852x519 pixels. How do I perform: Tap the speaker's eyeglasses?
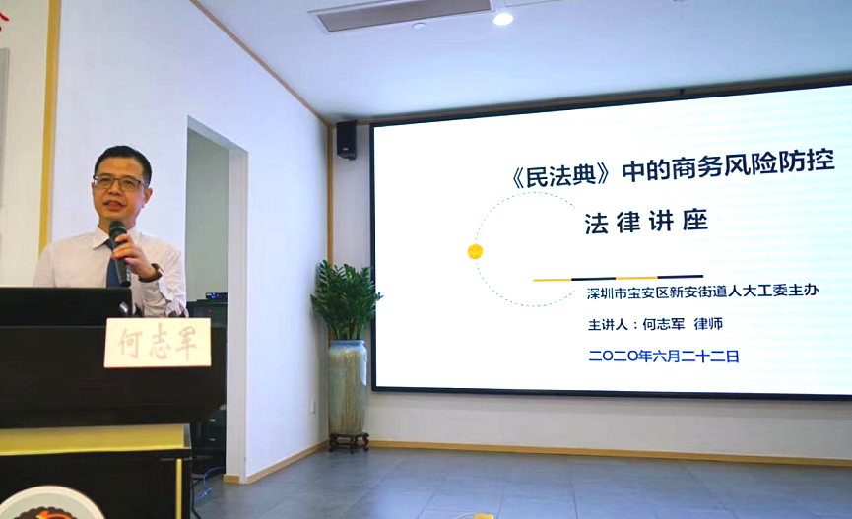pos(118,182)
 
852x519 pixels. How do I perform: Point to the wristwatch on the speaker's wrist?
pos(154,272)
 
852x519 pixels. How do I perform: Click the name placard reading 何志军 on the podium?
pos(158,343)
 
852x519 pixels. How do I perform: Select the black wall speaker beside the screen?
pos(346,140)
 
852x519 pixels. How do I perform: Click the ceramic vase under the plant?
pos(348,387)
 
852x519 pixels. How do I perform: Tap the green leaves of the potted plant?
pos(346,299)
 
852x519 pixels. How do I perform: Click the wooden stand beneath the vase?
pos(349,442)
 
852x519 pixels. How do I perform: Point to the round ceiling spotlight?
pos(502,19)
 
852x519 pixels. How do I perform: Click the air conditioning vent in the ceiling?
pos(404,14)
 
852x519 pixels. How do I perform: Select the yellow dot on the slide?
pos(475,251)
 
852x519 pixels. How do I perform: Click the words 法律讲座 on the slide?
pos(646,222)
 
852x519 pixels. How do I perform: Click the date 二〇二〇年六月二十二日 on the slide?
pos(664,356)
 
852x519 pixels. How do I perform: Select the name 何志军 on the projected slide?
pos(664,324)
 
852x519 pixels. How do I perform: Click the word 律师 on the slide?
pos(708,324)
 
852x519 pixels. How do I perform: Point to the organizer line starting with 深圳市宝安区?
pos(702,292)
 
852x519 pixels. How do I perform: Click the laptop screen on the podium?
pos(65,306)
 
